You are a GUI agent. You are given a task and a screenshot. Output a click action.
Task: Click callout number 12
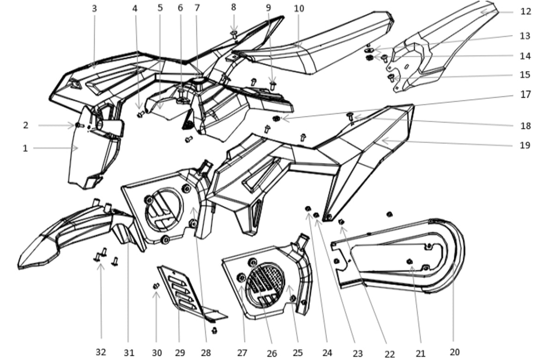(x=525, y=12)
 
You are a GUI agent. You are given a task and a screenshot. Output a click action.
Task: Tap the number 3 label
(x=94, y=9)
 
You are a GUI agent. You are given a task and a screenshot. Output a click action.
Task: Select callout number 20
(x=455, y=352)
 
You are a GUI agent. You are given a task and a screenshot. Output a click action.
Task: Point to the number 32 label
(x=101, y=352)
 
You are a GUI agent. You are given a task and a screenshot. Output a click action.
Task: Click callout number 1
(x=25, y=148)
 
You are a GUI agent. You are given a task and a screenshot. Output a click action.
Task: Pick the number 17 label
(x=525, y=95)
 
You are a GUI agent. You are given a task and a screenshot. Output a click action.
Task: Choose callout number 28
(x=206, y=353)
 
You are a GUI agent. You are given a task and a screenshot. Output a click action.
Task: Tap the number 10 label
(x=299, y=9)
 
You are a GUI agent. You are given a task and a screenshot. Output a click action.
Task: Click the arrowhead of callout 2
(x=72, y=126)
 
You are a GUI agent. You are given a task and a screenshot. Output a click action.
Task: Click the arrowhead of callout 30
(x=156, y=294)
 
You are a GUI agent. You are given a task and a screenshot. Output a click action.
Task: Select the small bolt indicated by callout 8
(x=234, y=34)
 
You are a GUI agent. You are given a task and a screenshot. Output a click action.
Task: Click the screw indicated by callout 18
(x=350, y=116)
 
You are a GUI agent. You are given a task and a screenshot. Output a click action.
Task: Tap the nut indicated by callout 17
(x=276, y=119)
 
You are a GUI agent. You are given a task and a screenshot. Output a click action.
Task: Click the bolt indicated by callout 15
(x=391, y=78)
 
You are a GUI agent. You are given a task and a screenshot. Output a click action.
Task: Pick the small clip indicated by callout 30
(x=156, y=286)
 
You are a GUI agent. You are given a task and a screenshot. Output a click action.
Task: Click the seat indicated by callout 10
(x=313, y=43)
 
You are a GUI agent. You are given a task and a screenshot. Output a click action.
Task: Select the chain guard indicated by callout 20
(x=398, y=256)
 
